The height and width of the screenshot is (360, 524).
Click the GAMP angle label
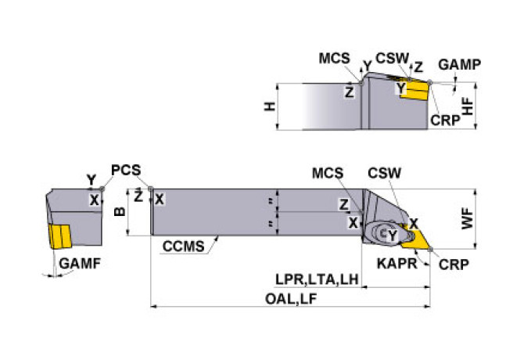tap(460, 64)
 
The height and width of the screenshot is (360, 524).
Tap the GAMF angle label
tap(80, 264)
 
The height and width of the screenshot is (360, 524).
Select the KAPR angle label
tap(397, 264)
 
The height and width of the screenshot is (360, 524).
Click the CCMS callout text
tap(184, 247)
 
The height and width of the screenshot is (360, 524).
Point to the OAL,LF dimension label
tap(291, 298)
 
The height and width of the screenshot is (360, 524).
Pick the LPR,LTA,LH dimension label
tap(317, 279)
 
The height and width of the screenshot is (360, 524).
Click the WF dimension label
tap(467, 218)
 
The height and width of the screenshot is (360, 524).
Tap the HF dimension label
tap(468, 106)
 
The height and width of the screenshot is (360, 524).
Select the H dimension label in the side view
tap(270, 106)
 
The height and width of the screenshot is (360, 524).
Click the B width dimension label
tap(120, 211)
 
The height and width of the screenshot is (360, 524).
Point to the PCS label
tap(126, 170)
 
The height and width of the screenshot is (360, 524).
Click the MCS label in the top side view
tap(334, 59)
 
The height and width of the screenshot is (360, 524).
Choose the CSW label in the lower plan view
tap(384, 173)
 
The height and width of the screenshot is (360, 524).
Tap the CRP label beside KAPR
tap(454, 265)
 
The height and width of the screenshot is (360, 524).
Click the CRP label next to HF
tap(445, 121)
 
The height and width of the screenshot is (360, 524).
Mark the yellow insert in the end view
tap(59, 236)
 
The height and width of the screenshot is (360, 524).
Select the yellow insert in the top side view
tap(414, 89)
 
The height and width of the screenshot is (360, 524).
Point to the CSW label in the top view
tap(393, 59)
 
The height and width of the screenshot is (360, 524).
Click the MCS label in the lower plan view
tap(328, 173)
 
